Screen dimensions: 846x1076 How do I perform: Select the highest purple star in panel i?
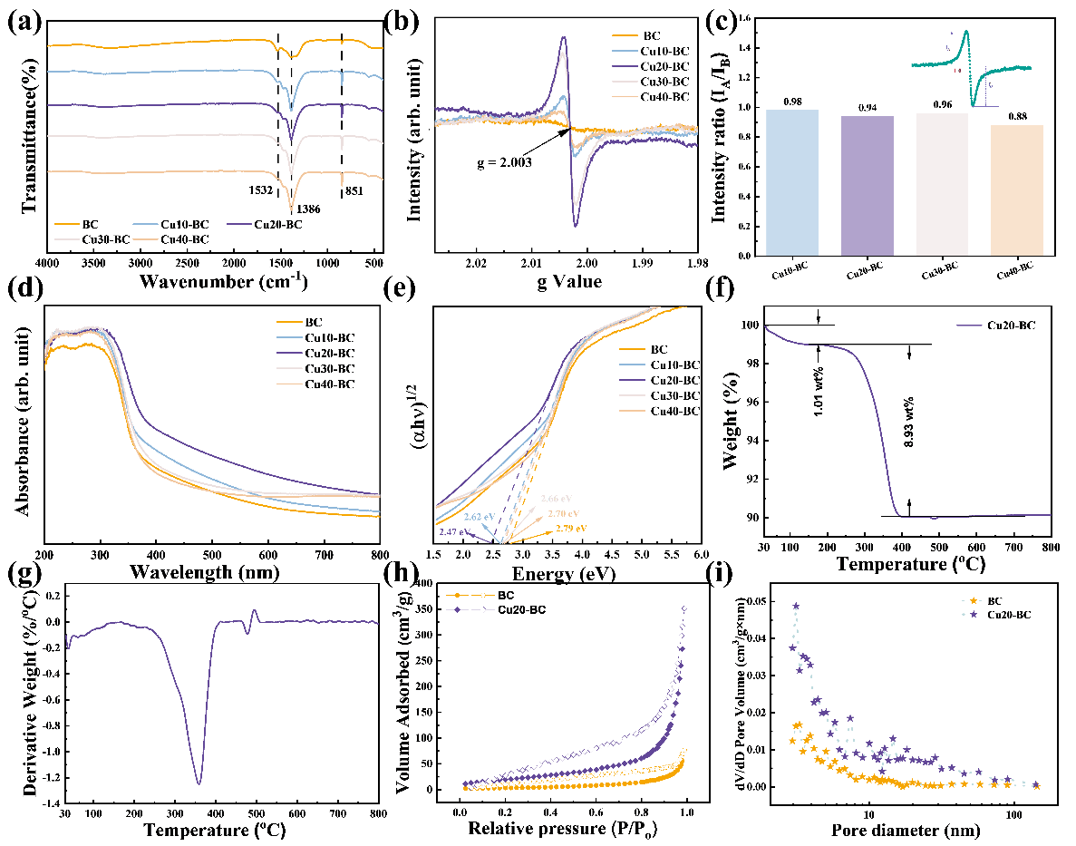point(796,606)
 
